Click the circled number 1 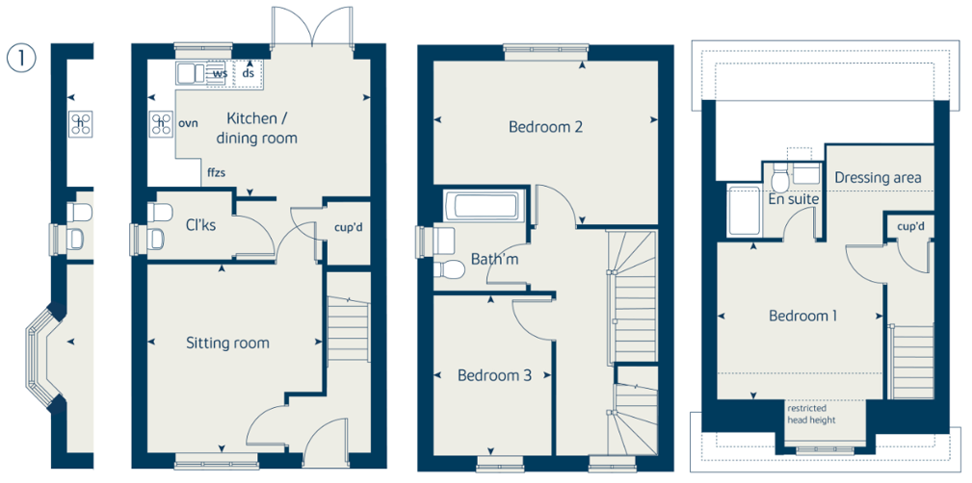22,58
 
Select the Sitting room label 228,343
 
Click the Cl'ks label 201,225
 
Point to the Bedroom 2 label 545,127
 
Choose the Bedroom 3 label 495,375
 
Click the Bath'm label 495,260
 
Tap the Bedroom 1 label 802,316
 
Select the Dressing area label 878,178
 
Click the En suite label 794,199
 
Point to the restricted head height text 811,415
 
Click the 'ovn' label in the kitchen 188,123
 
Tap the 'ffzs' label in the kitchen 217,173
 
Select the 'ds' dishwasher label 249,73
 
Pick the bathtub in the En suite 744,211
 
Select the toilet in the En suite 779,178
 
